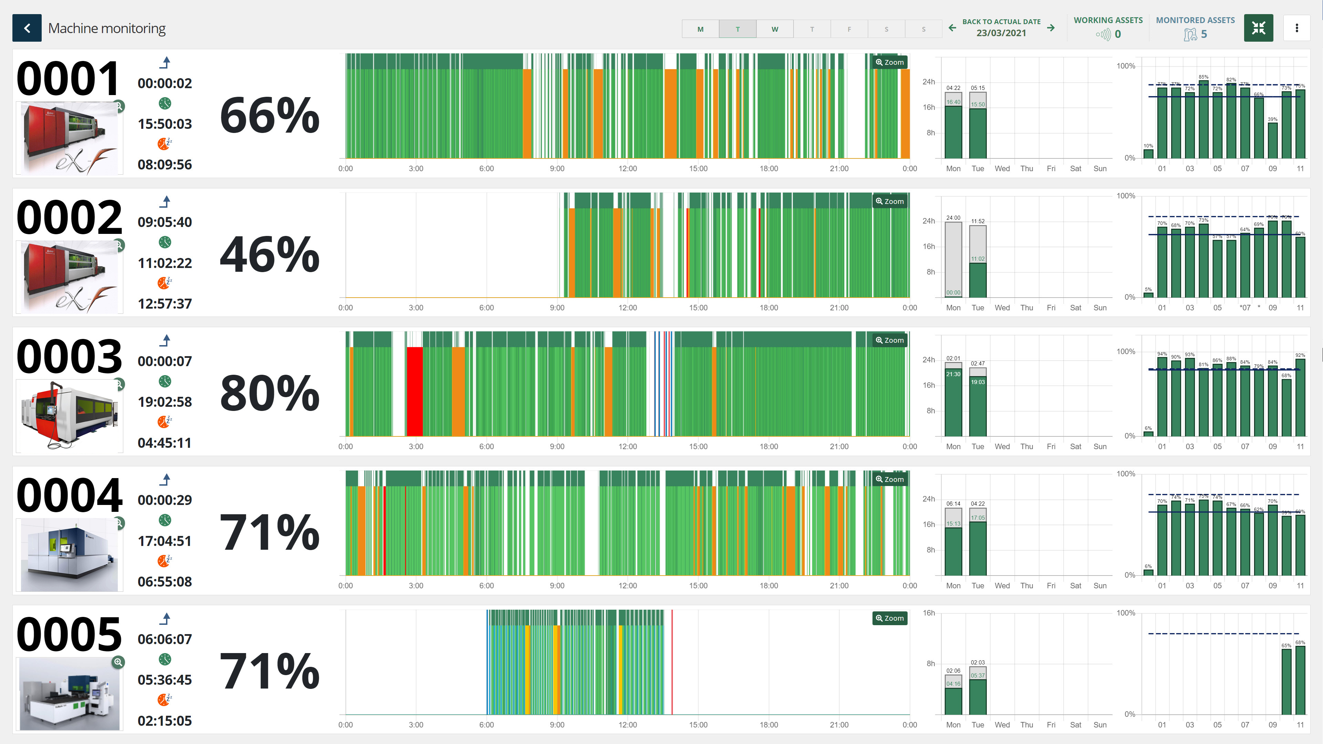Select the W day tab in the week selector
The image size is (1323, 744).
(775, 29)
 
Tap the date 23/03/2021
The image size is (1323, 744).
(1001, 33)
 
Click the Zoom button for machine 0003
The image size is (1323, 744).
(890, 340)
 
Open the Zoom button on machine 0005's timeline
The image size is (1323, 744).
(890, 618)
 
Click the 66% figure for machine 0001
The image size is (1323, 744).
(269, 115)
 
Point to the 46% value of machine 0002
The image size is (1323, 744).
(269, 254)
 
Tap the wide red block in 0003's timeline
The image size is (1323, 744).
(414, 391)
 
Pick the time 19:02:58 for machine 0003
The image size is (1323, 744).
(164, 402)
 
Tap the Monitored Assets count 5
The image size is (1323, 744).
(1203, 34)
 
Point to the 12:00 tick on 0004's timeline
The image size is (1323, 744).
(627, 585)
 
